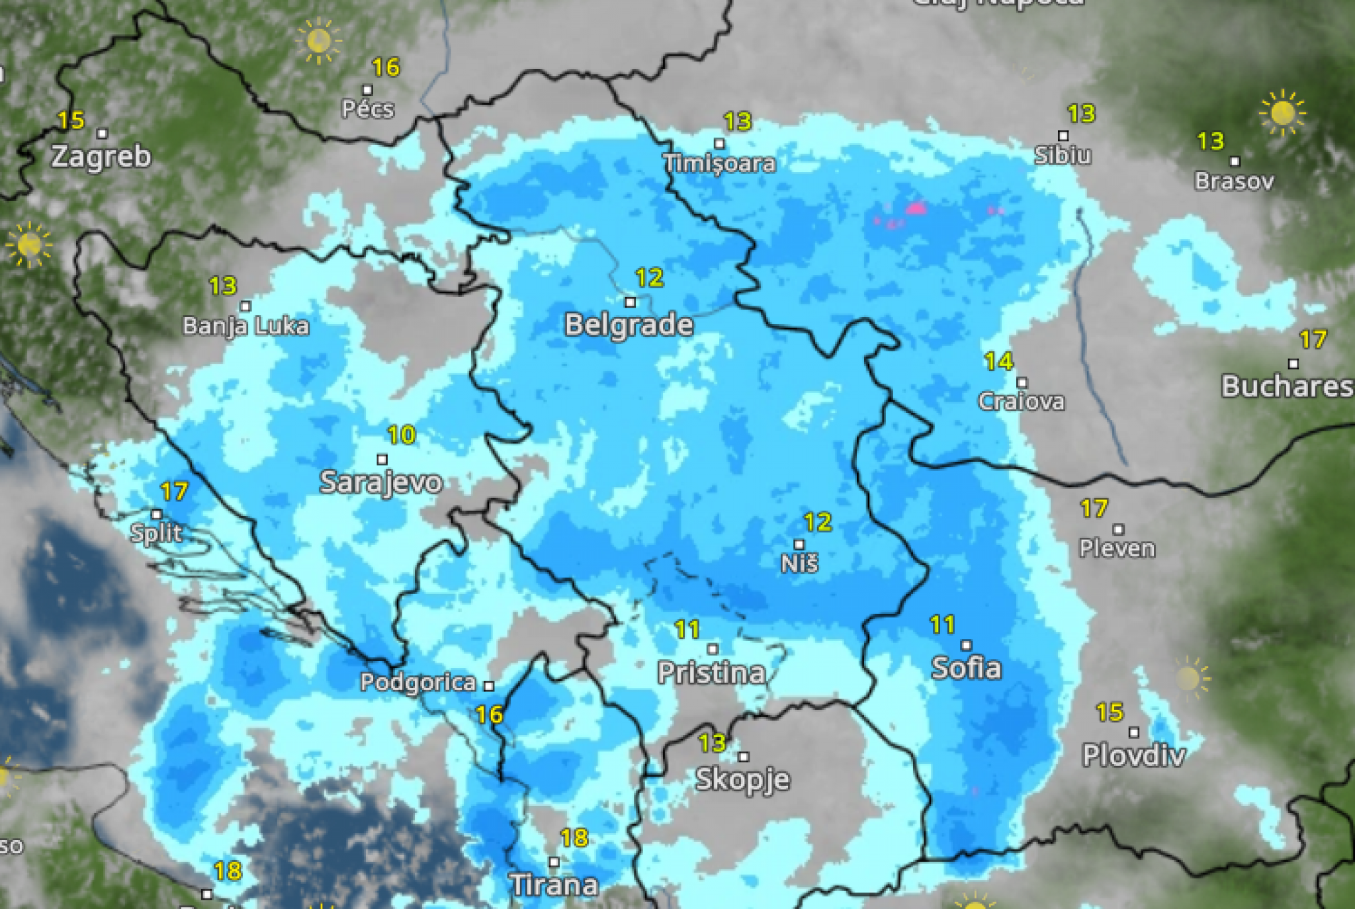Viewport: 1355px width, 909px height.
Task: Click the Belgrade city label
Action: click(629, 325)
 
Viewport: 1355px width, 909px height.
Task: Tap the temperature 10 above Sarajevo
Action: click(401, 435)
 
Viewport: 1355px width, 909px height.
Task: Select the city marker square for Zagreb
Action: click(103, 134)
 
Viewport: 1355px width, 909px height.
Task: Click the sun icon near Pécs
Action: click(318, 41)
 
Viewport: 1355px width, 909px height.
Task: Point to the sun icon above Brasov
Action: click(1282, 113)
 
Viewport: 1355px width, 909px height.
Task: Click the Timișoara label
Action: click(719, 163)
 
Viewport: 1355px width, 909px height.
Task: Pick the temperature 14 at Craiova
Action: click(998, 361)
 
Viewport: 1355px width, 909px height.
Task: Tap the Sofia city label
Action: click(966, 668)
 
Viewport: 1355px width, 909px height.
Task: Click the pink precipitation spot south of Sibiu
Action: click(916, 209)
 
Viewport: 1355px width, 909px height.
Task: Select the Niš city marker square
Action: click(799, 544)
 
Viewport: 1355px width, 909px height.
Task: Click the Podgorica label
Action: click(417, 682)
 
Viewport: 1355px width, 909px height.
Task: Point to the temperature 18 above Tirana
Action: click(574, 838)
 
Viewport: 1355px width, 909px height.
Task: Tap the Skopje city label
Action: click(742, 779)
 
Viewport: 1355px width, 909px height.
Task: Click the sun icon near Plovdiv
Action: click(1189, 678)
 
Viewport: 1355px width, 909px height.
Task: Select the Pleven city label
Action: click(1117, 548)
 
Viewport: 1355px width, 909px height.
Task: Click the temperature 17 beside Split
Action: click(174, 492)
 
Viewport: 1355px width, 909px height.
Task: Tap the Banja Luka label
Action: click(245, 326)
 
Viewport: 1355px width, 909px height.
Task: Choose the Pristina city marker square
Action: click(713, 649)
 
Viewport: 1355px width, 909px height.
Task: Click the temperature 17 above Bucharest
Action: click(1313, 340)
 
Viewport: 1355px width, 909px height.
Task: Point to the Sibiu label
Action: click(1063, 155)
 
